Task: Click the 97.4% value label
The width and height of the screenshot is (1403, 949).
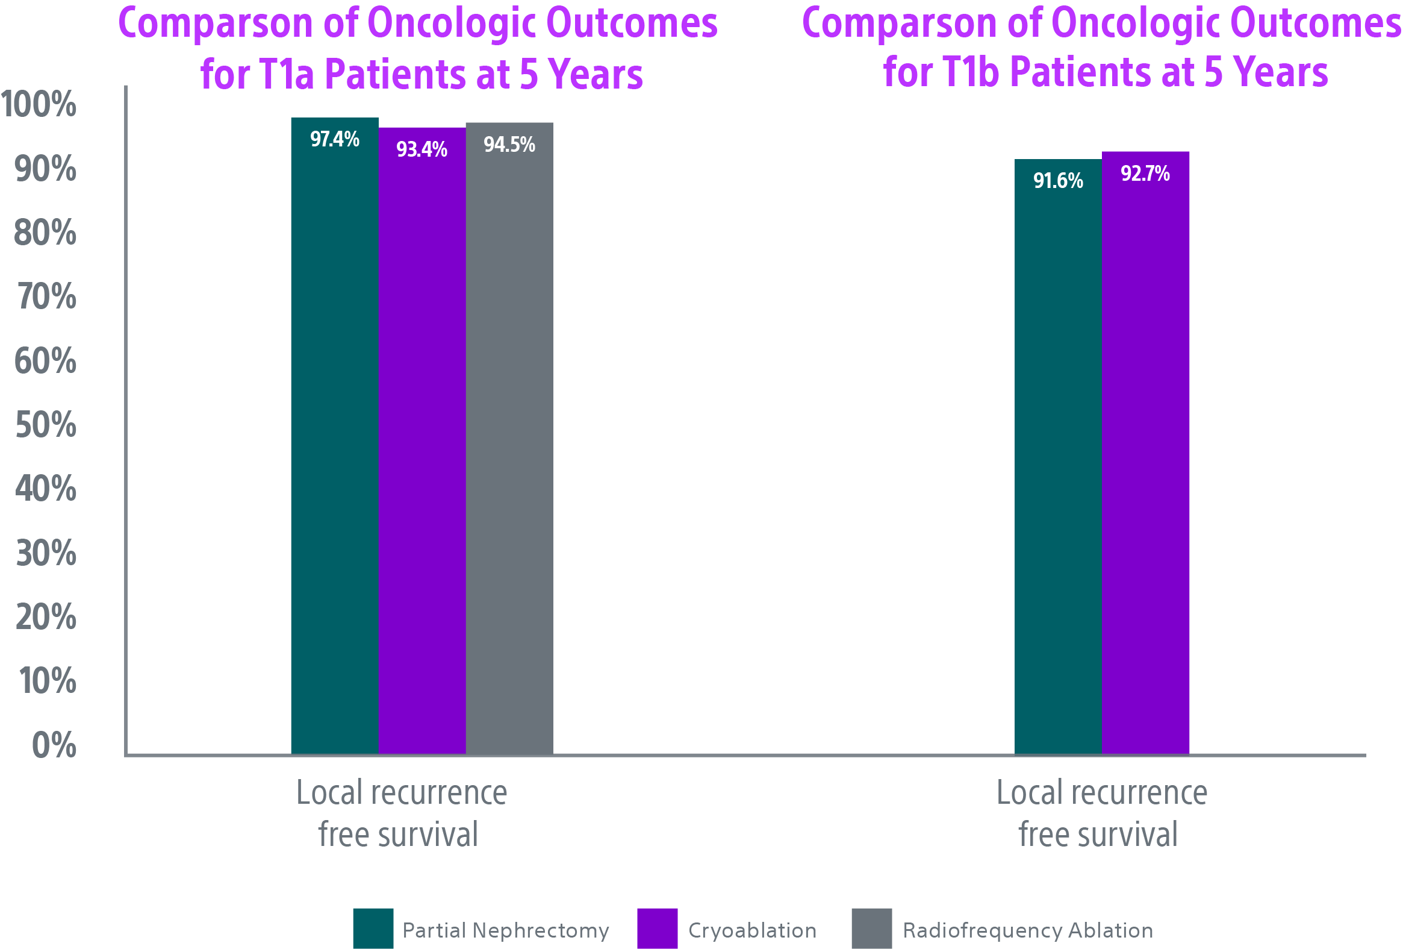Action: (334, 140)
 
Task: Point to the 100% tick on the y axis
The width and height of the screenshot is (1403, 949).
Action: (39, 104)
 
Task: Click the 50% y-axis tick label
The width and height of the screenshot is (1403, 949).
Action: (45, 425)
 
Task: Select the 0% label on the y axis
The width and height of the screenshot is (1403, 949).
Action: (54, 745)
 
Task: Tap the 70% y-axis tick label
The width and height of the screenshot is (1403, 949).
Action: (46, 296)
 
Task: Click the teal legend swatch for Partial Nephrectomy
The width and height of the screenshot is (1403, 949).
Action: (373, 928)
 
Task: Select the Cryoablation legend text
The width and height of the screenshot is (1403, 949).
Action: (752, 930)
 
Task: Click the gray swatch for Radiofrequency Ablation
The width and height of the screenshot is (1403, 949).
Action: (871, 928)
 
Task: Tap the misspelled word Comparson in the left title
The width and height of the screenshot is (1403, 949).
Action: (216, 24)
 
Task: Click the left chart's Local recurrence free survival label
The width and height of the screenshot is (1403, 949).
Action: (400, 813)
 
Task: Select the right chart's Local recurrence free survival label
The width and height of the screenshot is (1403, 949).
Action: (1101, 813)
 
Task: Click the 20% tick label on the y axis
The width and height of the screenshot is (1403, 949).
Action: (45, 617)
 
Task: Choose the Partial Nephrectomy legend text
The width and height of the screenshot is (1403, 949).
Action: (505, 930)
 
